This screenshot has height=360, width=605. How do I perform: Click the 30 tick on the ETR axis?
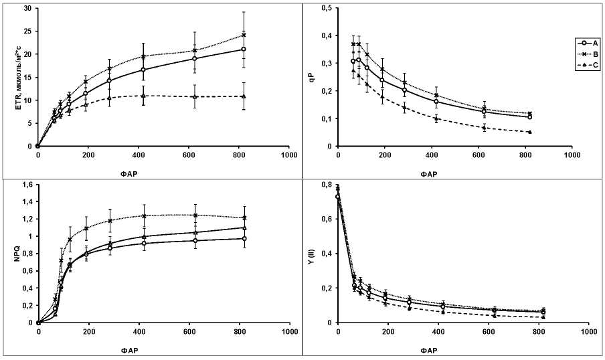click(x=27, y=9)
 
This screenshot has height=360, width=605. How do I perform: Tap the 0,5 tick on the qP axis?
click(x=327, y=9)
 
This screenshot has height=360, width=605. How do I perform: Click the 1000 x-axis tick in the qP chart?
click(x=572, y=155)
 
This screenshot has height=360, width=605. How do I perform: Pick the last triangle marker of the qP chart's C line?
click(x=529, y=132)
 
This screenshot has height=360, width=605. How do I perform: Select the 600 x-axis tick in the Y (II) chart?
click(x=489, y=331)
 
